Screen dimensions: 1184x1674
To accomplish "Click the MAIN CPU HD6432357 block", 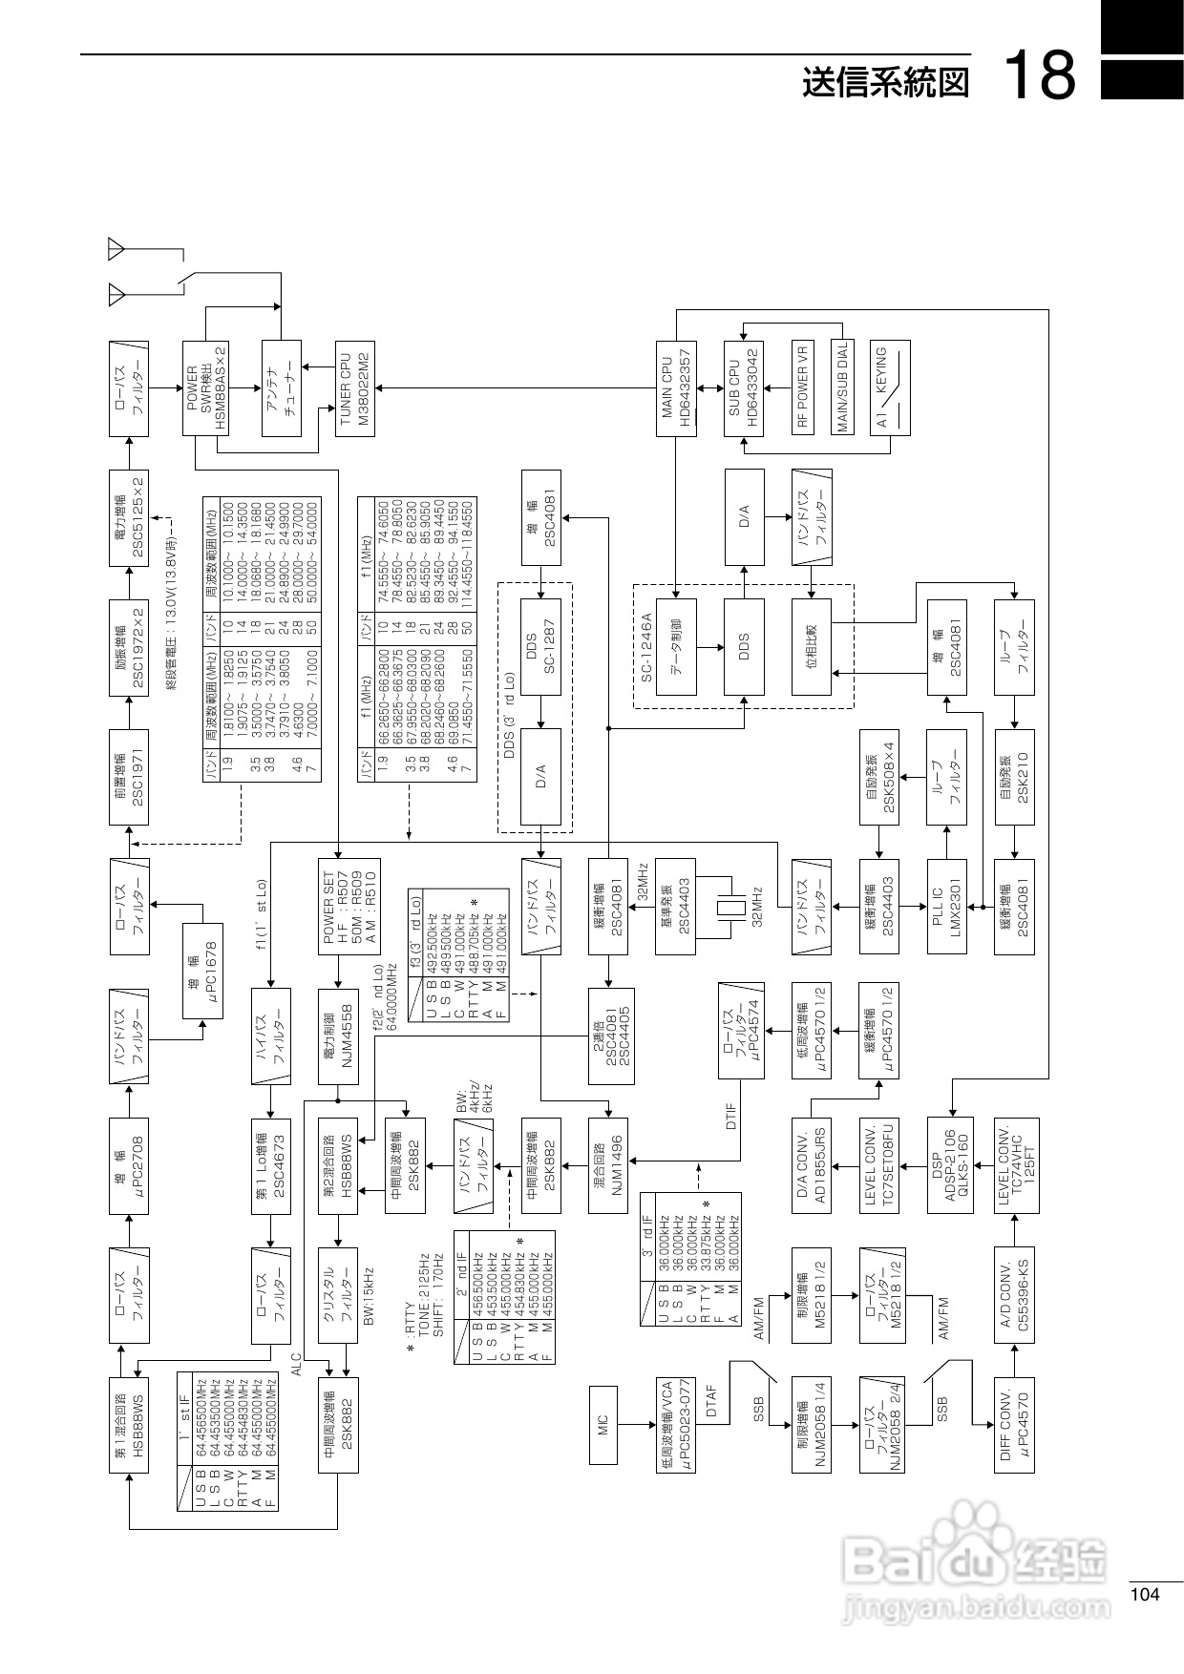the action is (676, 387).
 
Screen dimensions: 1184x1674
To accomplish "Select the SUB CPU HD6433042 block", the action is (743, 387).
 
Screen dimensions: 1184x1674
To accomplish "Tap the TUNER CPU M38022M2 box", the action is (355, 387).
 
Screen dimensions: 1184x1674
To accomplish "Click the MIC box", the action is (603, 1426).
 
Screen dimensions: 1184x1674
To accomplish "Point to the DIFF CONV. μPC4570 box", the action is (1014, 1426).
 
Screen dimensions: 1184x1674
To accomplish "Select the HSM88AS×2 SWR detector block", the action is (205, 387).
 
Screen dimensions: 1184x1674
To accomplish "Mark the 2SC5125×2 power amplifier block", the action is (129, 518).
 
